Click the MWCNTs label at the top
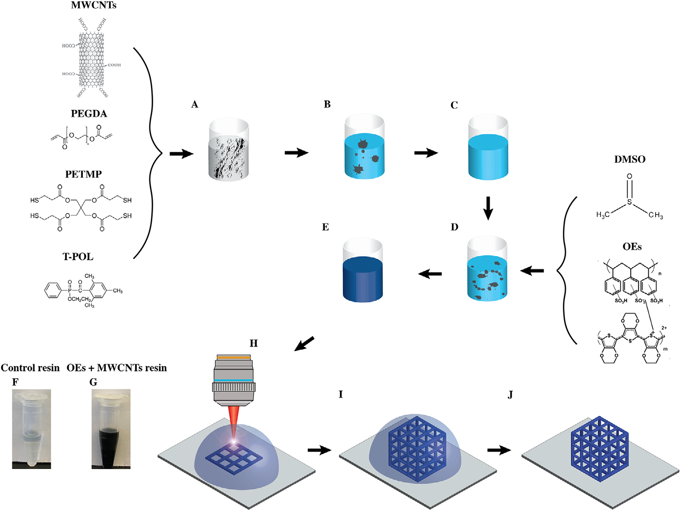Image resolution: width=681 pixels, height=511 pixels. click(x=93, y=5)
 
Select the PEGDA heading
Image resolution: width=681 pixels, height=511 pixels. click(x=89, y=114)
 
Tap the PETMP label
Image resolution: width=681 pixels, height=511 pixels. click(x=83, y=174)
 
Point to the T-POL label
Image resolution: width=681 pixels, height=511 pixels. click(x=78, y=257)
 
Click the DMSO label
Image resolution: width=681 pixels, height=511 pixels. click(x=629, y=159)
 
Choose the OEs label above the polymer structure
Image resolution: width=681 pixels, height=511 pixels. click(x=632, y=247)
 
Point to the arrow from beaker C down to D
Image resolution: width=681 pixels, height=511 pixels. click(x=488, y=207)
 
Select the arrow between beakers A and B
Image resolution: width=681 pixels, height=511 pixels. click(x=296, y=153)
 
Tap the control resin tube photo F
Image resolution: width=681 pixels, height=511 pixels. click(x=31, y=428)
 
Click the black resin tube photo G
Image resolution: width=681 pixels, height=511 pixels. click(x=111, y=428)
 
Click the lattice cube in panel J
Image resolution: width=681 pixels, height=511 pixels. click(x=600, y=448)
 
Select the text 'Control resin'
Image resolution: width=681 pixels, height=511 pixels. click(x=30, y=368)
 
